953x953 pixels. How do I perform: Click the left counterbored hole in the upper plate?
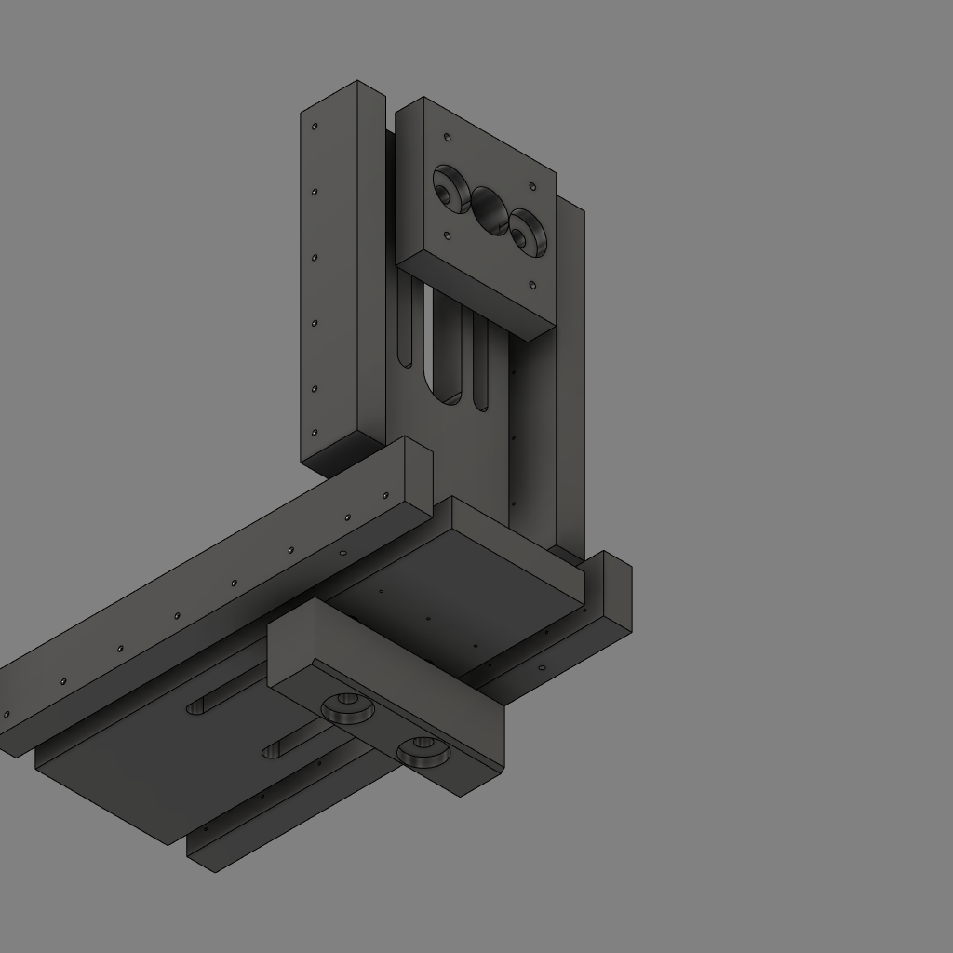pyautogui.click(x=450, y=190)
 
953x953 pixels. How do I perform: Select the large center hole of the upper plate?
pyautogui.click(x=490, y=211)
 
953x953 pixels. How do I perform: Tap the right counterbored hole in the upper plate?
pyautogui.click(x=527, y=233)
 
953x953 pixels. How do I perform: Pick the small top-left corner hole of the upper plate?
pyautogui.click(x=448, y=138)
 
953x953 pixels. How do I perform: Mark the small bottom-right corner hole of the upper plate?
pyautogui.click(x=532, y=285)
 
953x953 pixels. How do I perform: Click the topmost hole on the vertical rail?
pyautogui.click(x=315, y=126)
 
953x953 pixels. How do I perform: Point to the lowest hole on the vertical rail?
pyautogui.click(x=315, y=433)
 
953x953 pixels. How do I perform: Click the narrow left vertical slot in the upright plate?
pyautogui.click(x=405, y=326)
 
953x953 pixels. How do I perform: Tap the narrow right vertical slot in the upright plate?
pyautogui.click(x=480, y=363)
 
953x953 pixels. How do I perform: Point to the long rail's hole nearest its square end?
pyautogui.click(x=385, y=496)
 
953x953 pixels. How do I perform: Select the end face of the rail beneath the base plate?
pyautogui.click(x=201, y=852)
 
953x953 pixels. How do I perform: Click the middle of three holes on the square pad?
pyautogui.click(x=427, y=618)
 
